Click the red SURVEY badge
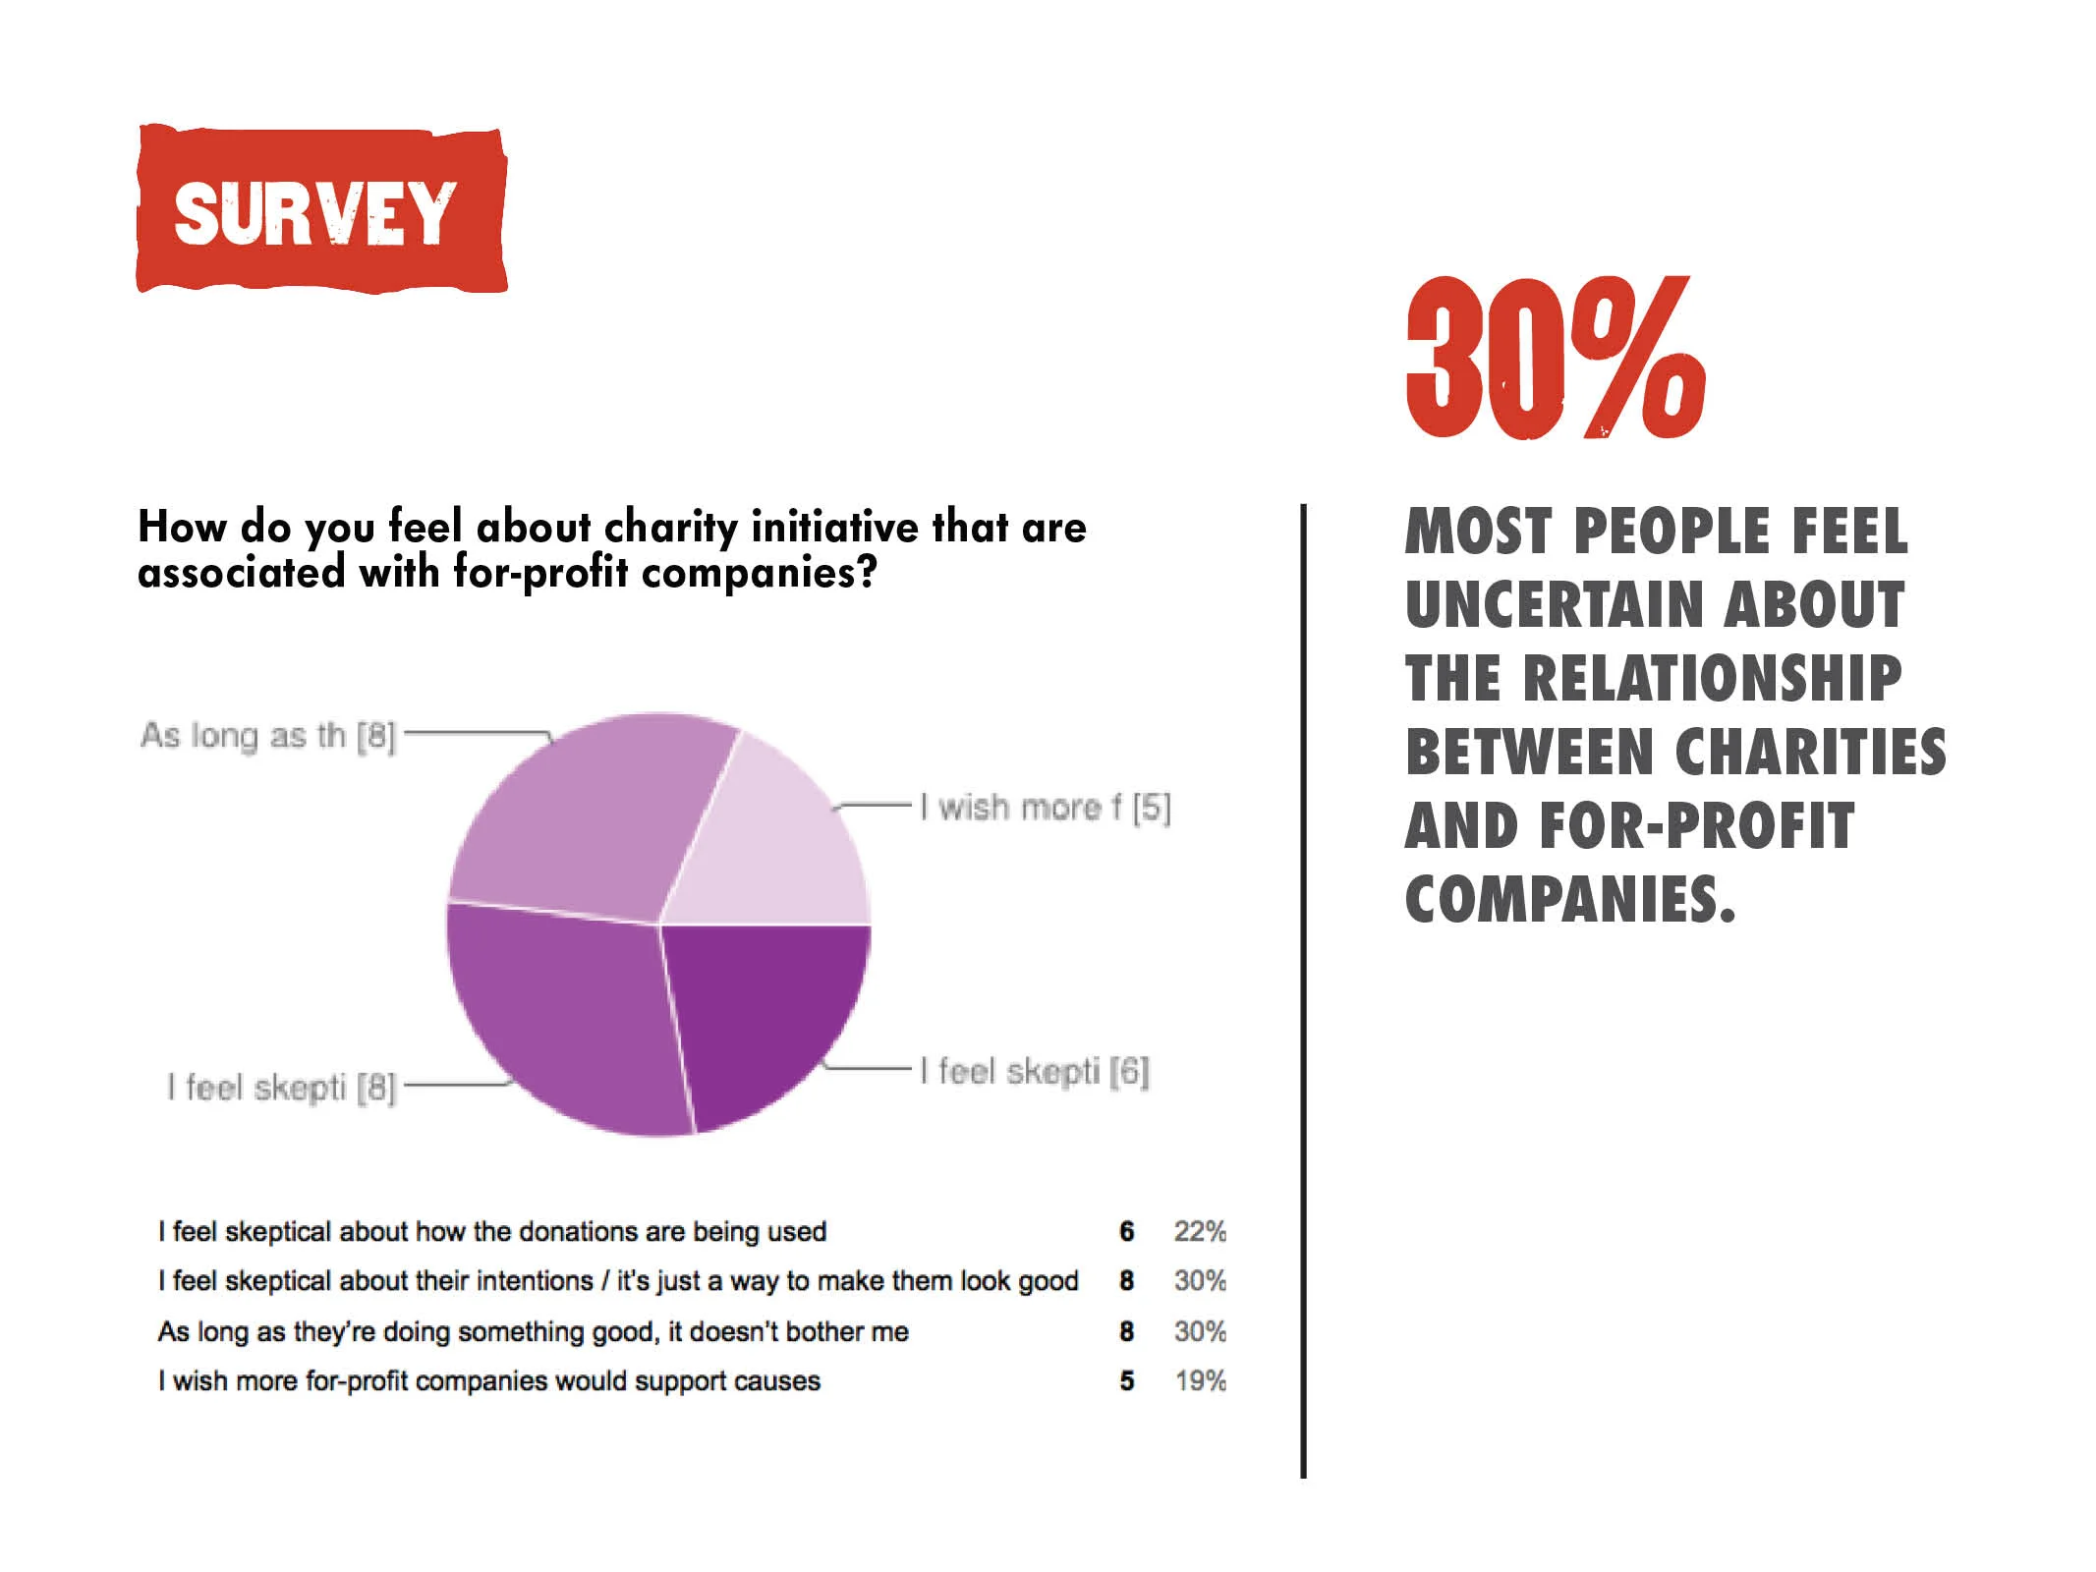[x=321, y=210]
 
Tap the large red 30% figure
[x=1555, y=358]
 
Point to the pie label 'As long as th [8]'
[x=267, y=736]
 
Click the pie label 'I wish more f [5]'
[x=1045, y=808]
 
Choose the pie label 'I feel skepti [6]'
[x=1034, y=1071]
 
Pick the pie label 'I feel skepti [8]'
[x=281, y=1088]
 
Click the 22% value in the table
[x=1200, y=1231]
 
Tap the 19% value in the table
[x=1200, y=1380]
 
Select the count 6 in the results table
[x=1126, y=1231]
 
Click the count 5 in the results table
[x=1126, y=1380]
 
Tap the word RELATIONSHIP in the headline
[x=1712, y=678]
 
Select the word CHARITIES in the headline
[x=1810, y=752]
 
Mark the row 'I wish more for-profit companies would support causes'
[x=489, y=1380]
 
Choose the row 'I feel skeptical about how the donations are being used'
[x=492, y=1231]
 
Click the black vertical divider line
[x=1303, y=982]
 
